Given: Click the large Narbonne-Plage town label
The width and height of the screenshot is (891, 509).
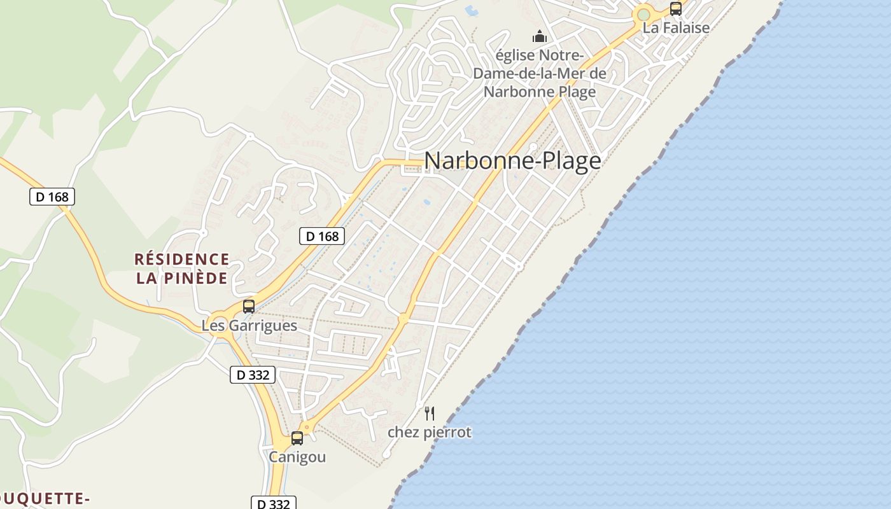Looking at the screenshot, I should coord(512,160).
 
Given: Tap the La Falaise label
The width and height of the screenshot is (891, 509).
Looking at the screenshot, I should coord(676,28).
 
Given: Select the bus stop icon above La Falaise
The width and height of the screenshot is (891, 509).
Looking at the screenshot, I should coord(676,9).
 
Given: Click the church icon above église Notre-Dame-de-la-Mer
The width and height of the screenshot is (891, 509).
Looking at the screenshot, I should coord(540,36).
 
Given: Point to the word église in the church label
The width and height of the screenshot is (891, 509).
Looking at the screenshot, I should coord(515,56).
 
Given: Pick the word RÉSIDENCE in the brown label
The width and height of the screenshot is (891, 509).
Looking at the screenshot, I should coord(182,260).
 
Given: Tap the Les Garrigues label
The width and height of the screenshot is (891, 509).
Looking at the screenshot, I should coord(249,326).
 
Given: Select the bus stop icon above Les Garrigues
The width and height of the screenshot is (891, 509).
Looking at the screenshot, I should coord(249,307).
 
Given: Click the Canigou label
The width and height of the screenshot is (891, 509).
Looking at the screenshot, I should coord(297,457).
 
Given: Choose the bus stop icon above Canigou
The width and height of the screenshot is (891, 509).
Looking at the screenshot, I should coord(297,438).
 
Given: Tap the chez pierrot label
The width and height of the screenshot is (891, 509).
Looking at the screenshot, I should coord(430,433).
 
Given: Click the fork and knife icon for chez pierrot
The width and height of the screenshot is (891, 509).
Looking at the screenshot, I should coord(430,414).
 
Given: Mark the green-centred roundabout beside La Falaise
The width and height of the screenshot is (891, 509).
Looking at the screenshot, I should coord(644,14).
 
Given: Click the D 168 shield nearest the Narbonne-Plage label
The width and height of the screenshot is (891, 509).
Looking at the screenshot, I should coord(322,237).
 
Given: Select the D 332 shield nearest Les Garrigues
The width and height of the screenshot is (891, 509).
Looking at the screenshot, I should coord(253,375).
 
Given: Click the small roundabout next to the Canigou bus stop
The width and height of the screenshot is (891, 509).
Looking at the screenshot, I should coord(308,427).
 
